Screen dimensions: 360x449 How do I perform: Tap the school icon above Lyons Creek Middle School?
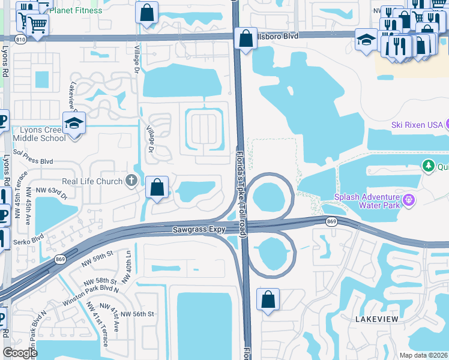74,123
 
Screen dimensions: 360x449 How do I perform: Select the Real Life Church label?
93,181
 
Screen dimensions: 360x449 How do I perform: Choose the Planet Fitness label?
76,10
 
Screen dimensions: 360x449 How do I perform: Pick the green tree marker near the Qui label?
428,165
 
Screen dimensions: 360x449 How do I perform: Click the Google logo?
20,353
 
